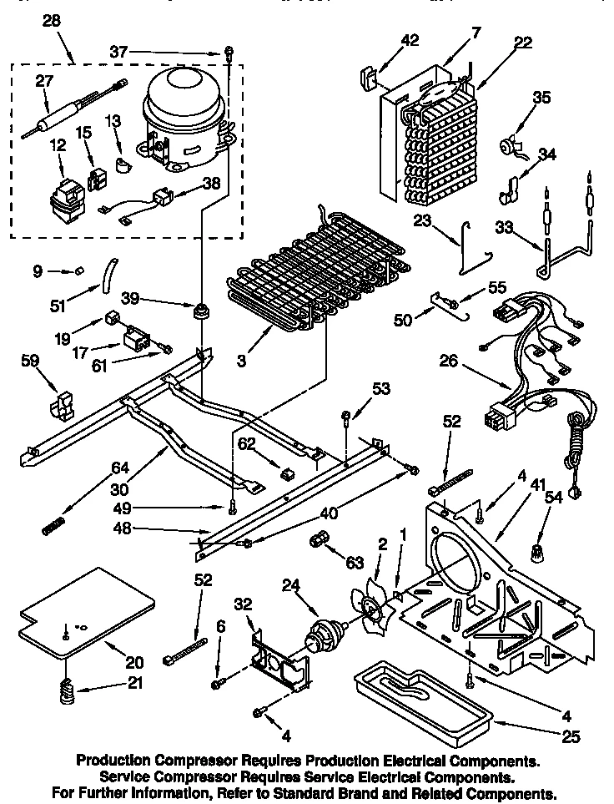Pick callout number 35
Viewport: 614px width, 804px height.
[x=542, y=97]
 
